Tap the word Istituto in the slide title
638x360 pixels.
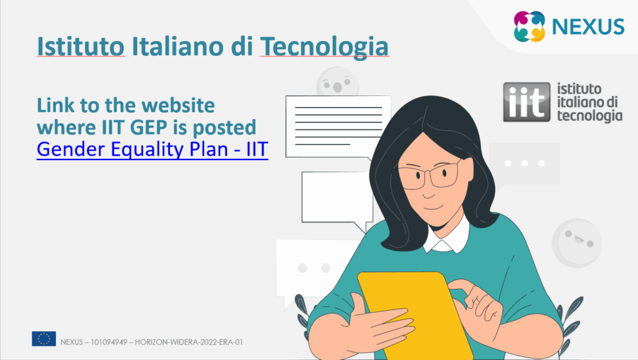click(80, 46)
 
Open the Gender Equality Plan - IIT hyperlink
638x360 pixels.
click(153, 149)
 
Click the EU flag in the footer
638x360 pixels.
click(44, 338)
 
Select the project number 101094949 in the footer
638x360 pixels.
click(108, 342)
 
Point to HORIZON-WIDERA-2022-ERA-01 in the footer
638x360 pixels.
click(189, 342)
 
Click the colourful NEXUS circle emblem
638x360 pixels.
click(530, 26)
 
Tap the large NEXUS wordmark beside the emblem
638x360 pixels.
click(588, 27)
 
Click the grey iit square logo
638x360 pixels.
click(526, 102)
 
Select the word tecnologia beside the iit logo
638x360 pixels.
click(589, 115)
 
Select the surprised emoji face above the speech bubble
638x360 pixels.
click(337, 83)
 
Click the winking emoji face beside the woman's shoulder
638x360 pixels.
click(576, 243)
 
